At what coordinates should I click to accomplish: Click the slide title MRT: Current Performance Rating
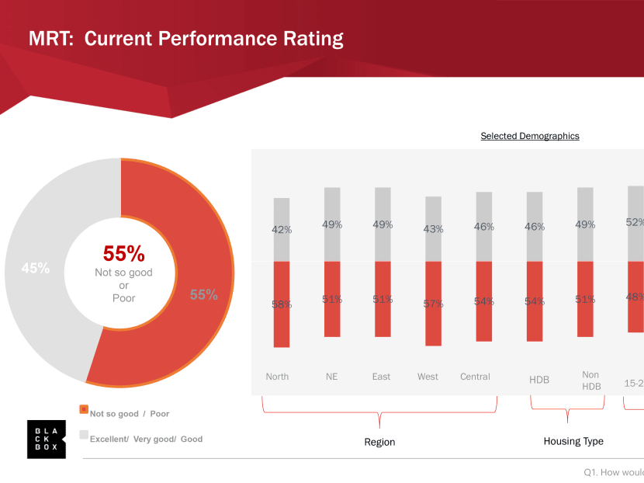pyautogui.click(x=185, y=38)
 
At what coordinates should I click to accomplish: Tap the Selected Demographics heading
pyautogui.click(x=530, y=136)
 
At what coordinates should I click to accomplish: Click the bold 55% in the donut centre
pyautogui.click(x=124, y=254)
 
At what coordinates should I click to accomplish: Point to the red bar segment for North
pyautogui.click(x=282, y=304)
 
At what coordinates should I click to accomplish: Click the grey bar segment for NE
pyautogui.click(x=332, y=224)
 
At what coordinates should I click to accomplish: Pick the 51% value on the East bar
pyautogui.click(x=382, y=299)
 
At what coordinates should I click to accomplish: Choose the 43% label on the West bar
pyautogui.click(x=433, y=229)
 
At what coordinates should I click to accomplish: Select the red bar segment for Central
pyautogui.click(x=484, y=301)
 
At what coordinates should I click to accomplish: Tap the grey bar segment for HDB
pyautogui.click(x=535, y=227)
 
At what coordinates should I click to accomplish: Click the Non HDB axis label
pyautogui.click(x=590, y=380)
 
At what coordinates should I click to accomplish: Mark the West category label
pyautogui.click(x=428, y=377)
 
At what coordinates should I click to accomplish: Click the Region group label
pyautogui.click(x=379, y=442)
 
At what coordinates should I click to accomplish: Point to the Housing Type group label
pyautogui.click(x=573, y=441)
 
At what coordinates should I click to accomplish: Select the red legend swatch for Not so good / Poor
pyautogui.click(x=84, y=409)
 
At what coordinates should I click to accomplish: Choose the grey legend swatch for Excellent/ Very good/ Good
pyautogui.click(x=84, y=434)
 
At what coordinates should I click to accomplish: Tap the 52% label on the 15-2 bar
pyautogui.click(x=635, y=222)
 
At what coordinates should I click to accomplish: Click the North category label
pyautogui.click(x=277, y=377)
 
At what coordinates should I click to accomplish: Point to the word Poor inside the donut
pyautogui.click(x=124, y=298)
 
